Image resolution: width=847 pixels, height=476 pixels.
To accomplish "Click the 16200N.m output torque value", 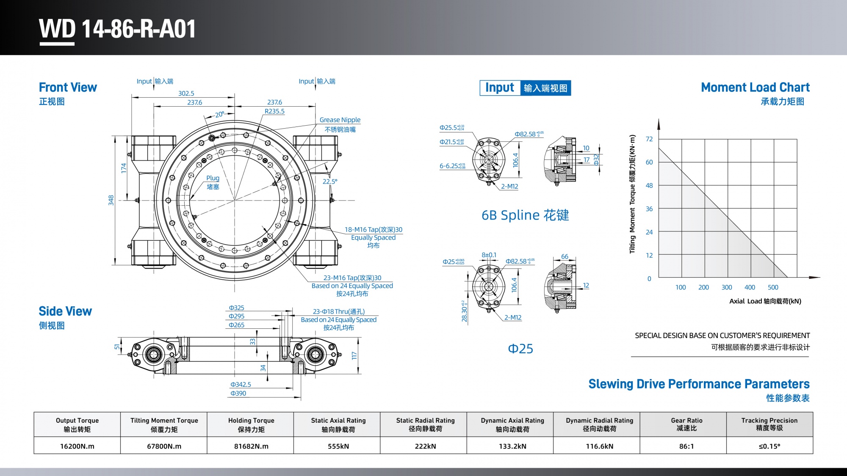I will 77,446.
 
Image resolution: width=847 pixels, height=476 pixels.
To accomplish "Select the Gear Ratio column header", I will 686,424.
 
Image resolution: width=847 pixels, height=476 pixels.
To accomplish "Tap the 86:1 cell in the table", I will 686,446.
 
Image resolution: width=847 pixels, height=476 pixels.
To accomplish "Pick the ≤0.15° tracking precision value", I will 769,446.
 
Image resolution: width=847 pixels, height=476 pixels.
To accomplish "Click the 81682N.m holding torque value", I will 251,446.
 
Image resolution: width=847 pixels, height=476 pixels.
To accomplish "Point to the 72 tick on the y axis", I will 649,139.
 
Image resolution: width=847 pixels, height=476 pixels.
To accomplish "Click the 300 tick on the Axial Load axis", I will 727,287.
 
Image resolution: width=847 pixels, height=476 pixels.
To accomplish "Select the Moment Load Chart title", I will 755,88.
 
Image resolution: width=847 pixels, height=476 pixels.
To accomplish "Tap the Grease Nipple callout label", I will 340,120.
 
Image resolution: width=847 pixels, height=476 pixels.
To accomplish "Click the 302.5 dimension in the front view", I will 186,94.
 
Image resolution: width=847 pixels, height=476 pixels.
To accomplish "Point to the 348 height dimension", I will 111,200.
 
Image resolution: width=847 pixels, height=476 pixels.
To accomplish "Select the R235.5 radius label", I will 274,111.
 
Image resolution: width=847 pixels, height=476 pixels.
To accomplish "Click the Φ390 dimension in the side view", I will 238,393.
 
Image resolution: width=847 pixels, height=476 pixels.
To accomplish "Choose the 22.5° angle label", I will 330,182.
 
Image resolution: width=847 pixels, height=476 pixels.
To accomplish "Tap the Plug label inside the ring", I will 213,178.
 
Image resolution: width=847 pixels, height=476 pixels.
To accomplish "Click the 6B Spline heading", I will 525,215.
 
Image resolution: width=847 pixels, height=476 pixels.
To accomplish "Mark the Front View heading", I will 68,88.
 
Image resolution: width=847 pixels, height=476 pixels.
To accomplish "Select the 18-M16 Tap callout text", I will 373,230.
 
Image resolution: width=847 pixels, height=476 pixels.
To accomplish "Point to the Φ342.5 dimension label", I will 241,385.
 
